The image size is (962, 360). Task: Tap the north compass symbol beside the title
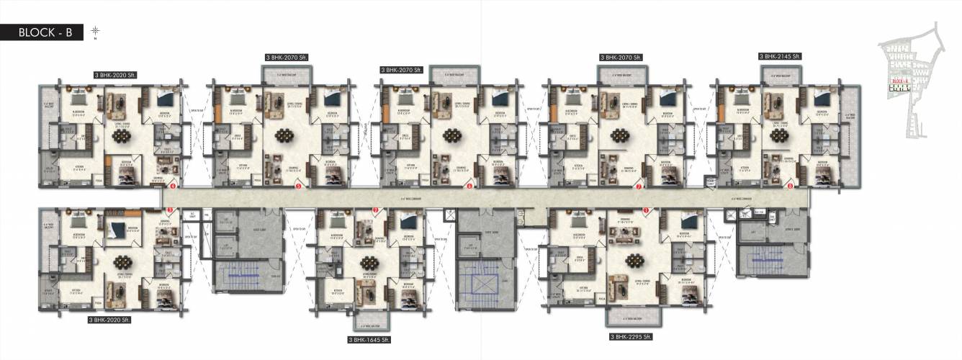95,31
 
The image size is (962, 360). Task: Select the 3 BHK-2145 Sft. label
780,55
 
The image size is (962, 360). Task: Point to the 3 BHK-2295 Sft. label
631,336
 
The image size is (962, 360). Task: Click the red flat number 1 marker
646,210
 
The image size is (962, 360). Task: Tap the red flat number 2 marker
375,210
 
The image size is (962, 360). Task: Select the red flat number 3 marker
170,210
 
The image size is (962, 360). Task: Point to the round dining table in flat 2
371,260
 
